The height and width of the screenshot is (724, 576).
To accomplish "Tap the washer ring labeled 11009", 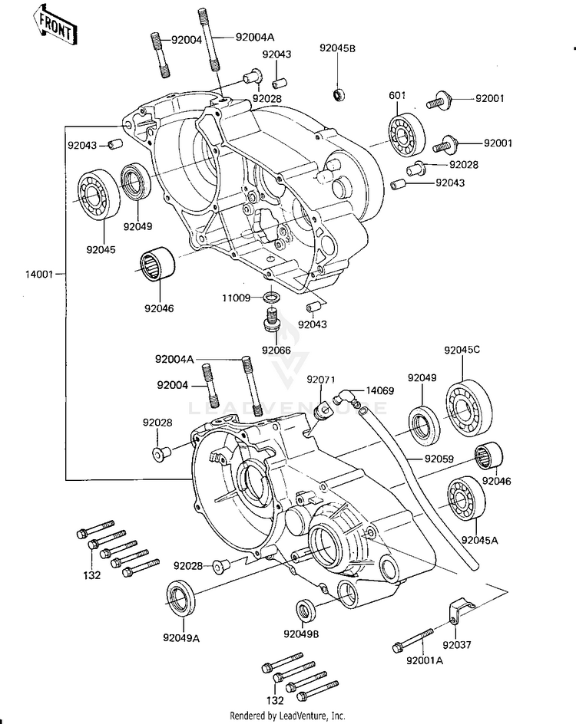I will click(272, 297).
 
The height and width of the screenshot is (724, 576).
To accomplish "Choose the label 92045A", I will click(480, 540).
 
